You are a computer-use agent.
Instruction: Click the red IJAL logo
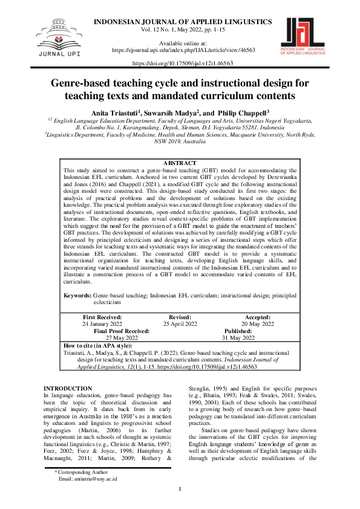[x=306, y=37]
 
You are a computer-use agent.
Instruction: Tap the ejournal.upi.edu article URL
[x=181, y=51]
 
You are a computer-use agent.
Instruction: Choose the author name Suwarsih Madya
[x=171, y=112]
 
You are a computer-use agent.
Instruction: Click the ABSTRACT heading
[x=180, y=163]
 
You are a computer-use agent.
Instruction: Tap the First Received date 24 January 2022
[x=102, y=324]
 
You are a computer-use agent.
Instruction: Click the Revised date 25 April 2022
[x=180, y=324]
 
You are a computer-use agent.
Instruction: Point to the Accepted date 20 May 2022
[x=258, y=324]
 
